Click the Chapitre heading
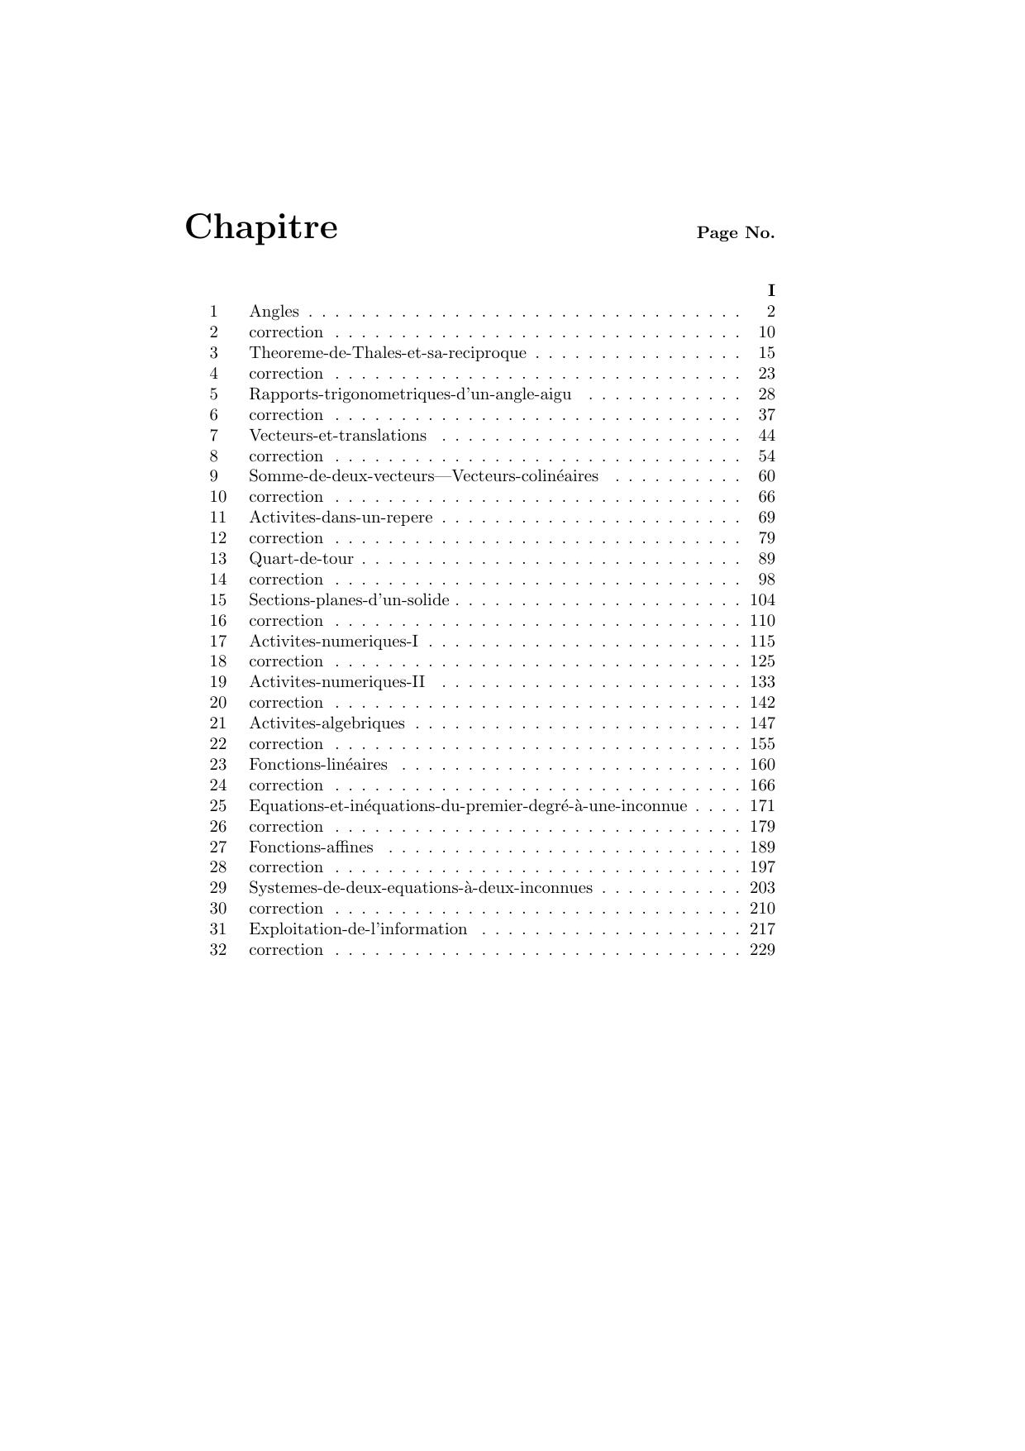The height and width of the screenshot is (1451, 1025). pyautogui.click(x=260, y=227)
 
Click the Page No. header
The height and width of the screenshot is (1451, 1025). pyautogui.click(x=735, y=233)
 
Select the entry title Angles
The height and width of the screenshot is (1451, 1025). pyautogui.click(x=274, y=312)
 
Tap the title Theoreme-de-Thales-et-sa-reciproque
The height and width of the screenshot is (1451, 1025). pyautogui.click(x=387, y=353)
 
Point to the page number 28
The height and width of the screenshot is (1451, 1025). pyautogui.click(x=766, y=394)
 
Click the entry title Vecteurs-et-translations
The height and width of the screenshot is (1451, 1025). pyautogui.click(x=337, y=436)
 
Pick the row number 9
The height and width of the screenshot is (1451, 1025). pyautogui.click(x=214, y=476)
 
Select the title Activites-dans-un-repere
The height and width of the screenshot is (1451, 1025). pyautogui.click(x=341, y=518)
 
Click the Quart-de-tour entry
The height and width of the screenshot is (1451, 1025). pyautogui.click(x=301, y=559)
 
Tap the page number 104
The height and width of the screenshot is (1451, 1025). pyautogui.click(x=762, y=600)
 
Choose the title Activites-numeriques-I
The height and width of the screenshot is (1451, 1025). pyautogui.click(x=333, y=642)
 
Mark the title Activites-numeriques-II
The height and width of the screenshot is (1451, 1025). pyautogui.click(x=336, y=682)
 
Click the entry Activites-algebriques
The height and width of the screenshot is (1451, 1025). pyautogui.click(x=327, y=723)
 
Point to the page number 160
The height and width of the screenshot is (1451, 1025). pyautogui.click(x=762, y=765)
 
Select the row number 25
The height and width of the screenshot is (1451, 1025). pyautogui.click(x=217, y=806)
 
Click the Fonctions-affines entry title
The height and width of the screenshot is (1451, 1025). pyautogui.click(x=311, y=847)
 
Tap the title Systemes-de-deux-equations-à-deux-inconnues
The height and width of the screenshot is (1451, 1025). pyautogui.click(x=420, y=888)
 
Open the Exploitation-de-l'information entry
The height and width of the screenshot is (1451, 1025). pyautogui.click(x=358, y=929)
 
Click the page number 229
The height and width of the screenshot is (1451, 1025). pyautogui.click(x=762, y=950)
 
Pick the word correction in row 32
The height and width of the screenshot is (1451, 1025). pyautogui.click(x=286, y=950)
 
